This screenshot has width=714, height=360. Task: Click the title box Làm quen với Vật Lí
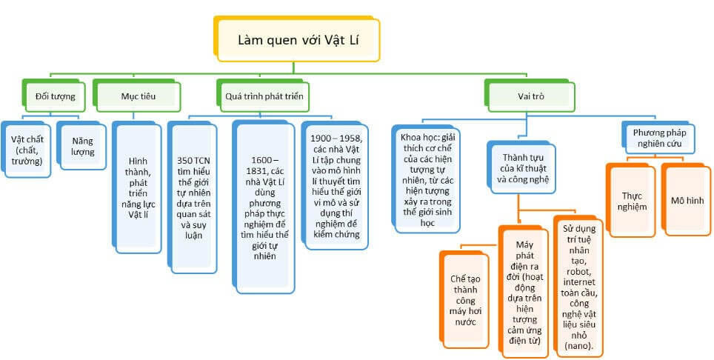point(298,39)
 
